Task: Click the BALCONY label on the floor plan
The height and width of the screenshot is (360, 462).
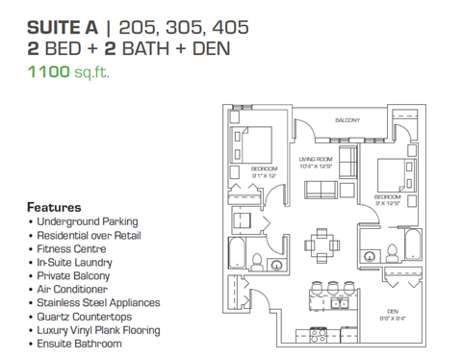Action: pos(347,120)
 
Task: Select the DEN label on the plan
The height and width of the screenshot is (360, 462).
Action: pos(393,311)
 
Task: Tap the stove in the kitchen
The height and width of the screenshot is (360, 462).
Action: pos(321,331)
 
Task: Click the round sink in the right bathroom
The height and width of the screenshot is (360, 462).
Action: pos(370,256)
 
